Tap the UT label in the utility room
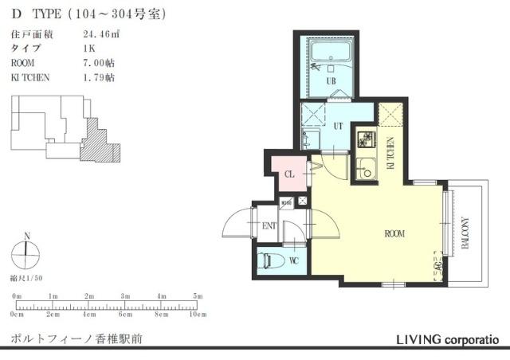pos(337,127)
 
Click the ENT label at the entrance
pos(269,226)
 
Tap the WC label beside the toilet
pos(293,260)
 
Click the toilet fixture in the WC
pos(268,260)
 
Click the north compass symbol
pos(26,254)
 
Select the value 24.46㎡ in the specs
pos(101,35)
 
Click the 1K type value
pos(89,49)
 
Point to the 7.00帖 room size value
pos(100,63)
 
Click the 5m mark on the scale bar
pos(198,296)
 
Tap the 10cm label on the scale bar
pos(197,315)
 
